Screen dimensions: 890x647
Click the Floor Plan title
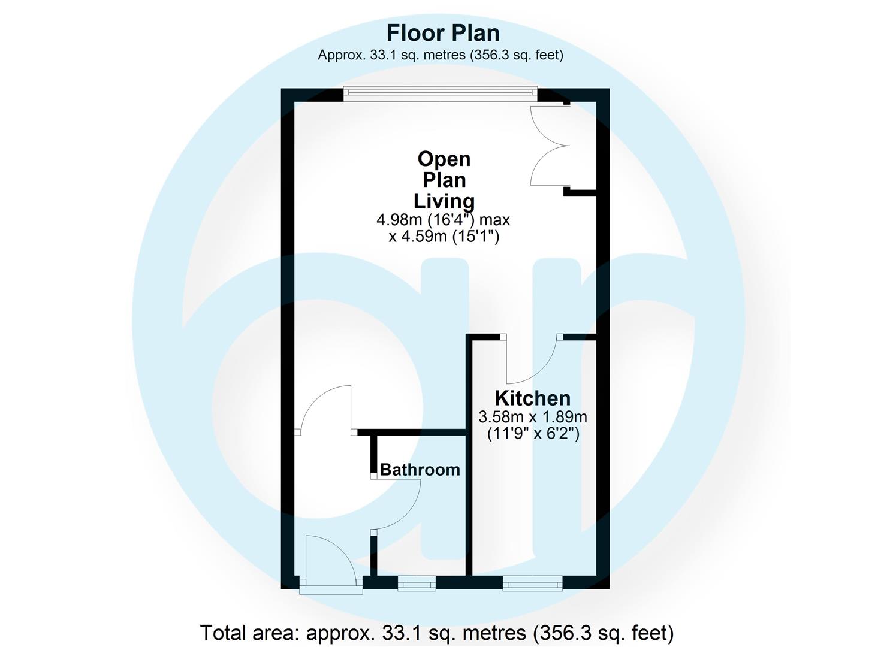[x=443, y=33]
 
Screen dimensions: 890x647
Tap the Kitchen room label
[x=532, y=398]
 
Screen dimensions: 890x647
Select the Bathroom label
[x=420, y=470]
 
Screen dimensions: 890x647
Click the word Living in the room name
[x=444, y=201]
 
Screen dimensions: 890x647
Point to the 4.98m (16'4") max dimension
[x=443, y=220]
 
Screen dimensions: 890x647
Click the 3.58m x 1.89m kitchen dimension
[x=533, y=417]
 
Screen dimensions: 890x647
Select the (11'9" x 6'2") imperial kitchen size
[x=533, y=433]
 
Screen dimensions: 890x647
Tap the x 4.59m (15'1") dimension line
[x=444, y=237]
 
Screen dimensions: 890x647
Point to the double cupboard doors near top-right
[x=550, y=145]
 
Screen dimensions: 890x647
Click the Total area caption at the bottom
[x=437, y=632]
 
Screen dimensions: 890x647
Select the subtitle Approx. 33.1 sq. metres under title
[x=441, y=55]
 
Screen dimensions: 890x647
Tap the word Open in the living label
[x=444, y=159]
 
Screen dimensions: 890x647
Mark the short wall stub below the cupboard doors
[x=580, y=193]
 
